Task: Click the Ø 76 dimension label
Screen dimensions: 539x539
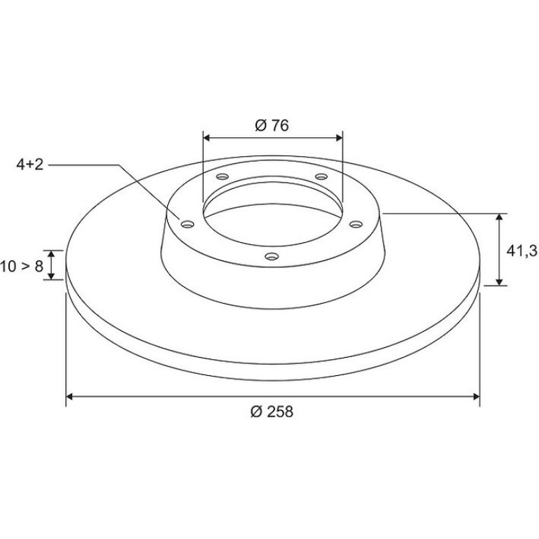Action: [x=272, y=126]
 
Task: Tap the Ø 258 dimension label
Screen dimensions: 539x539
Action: [x=272, y=412]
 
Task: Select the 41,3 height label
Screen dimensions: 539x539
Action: [x=521, y=251]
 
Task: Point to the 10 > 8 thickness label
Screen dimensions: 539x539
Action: [x=21, y=267]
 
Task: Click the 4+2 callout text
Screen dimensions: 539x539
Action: [x=30, y=165]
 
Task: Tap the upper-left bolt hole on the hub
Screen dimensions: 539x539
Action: [x=223, y=176]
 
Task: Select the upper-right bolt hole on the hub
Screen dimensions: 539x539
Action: [x=321, y=176]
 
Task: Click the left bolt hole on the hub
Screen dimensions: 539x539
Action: [x=188, y=225]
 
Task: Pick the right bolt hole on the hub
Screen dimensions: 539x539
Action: [x=356, y=225]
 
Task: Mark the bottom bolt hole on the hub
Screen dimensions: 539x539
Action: [x=272, y=256]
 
